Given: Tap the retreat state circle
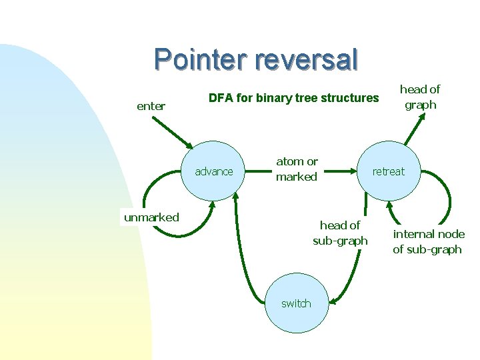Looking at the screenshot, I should [x=388, y=171].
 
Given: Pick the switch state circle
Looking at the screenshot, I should [x=295, y=303].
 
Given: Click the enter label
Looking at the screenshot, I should [x=151, y=106].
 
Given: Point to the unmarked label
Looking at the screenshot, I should [x=151, y=217].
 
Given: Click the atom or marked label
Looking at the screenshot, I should [x=297, y=169].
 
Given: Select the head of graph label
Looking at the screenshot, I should [x=420, y=97].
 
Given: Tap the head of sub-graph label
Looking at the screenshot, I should [x=340, y=233].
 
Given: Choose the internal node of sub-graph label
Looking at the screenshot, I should [x=428, y=241].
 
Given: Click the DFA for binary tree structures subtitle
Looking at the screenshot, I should [x=293, y=98].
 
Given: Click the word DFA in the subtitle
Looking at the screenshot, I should [x=221, y=98].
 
